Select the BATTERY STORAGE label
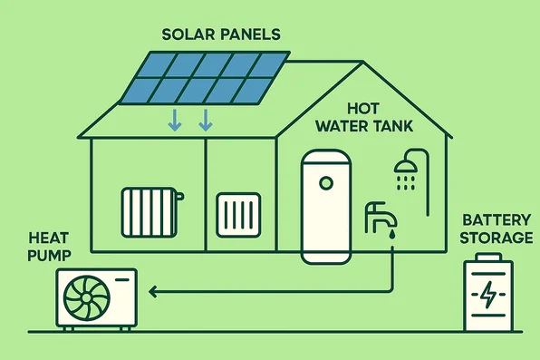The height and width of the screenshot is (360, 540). tap(497, 229)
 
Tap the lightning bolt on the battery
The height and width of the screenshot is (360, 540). tap(487, 297)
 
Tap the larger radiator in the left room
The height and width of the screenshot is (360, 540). tap(151, 212)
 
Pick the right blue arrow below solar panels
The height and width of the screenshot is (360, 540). tap(206, 119)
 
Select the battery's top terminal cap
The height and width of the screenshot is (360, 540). tap(487, 257)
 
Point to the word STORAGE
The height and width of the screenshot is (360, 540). tap(497, 238)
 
